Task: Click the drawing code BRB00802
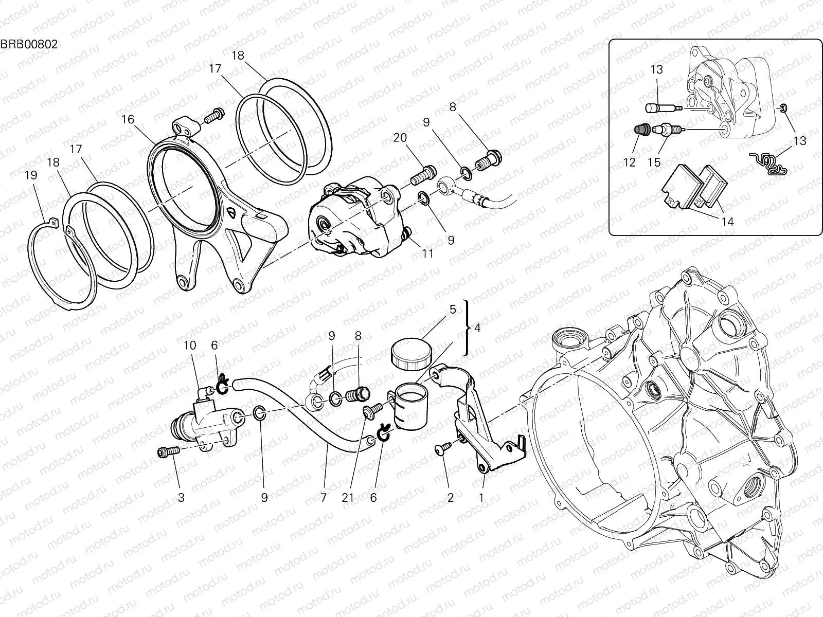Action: click(x=29, y=44)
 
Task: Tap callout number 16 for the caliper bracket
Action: click(x=128, y=120)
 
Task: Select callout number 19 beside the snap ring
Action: click(x=31, y=175)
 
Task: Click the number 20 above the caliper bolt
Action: click(x=400, y=137)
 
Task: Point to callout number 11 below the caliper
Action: click(x=427, y=253)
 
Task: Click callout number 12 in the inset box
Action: click(x=630, y=162)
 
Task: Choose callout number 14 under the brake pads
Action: click(x=728, y=222)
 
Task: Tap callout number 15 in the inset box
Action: click(x=654, y=162)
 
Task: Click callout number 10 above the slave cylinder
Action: click(x=190, y=345)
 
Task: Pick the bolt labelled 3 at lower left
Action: click(x=168, y=451)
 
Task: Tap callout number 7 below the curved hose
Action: click(x=324, y=497)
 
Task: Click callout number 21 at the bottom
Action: click(x=348, y=497)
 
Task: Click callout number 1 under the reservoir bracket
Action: click(x=481, y=497)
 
